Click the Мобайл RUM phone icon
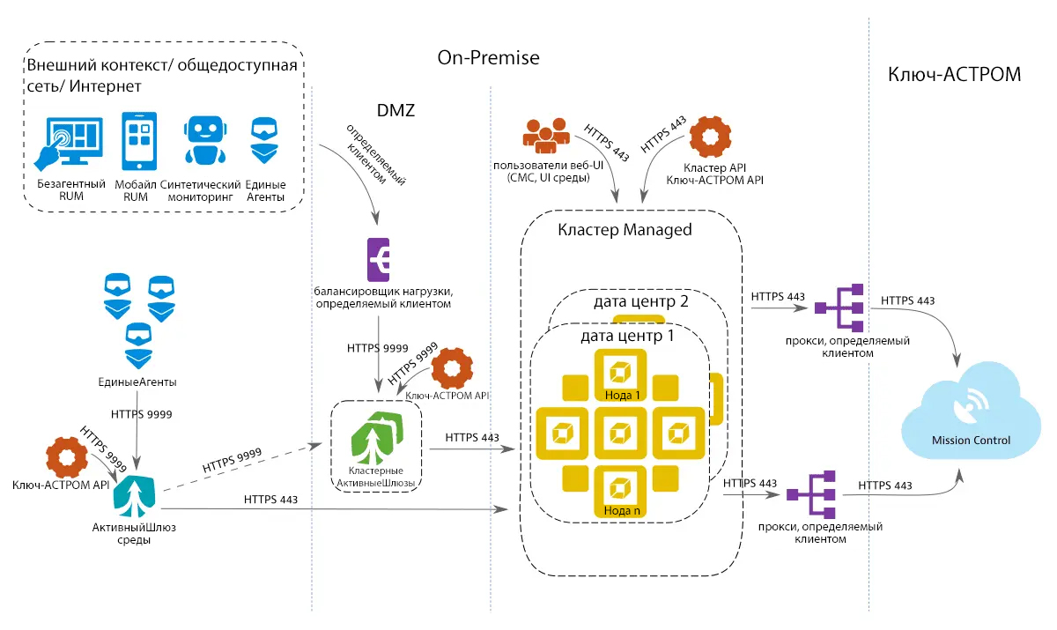pos(140,141)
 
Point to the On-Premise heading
pos(488,58)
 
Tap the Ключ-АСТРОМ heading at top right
pos(954,74)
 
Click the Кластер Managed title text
pos(625,230)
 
